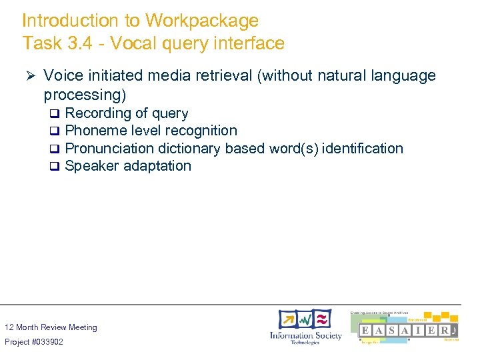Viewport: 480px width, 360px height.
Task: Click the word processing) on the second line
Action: click(85, 95)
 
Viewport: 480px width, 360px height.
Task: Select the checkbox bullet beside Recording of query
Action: click(56, 114)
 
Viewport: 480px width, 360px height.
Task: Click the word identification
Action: click(362, 148)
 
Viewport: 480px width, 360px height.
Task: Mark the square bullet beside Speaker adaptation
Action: click(56, 167)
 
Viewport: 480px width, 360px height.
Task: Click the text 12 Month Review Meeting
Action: click(51, 327)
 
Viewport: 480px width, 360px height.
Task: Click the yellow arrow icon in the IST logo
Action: click(288, 319)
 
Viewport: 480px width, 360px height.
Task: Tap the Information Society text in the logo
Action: click(305, 335)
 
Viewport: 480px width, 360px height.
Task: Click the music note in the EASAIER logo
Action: click(453, 331)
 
